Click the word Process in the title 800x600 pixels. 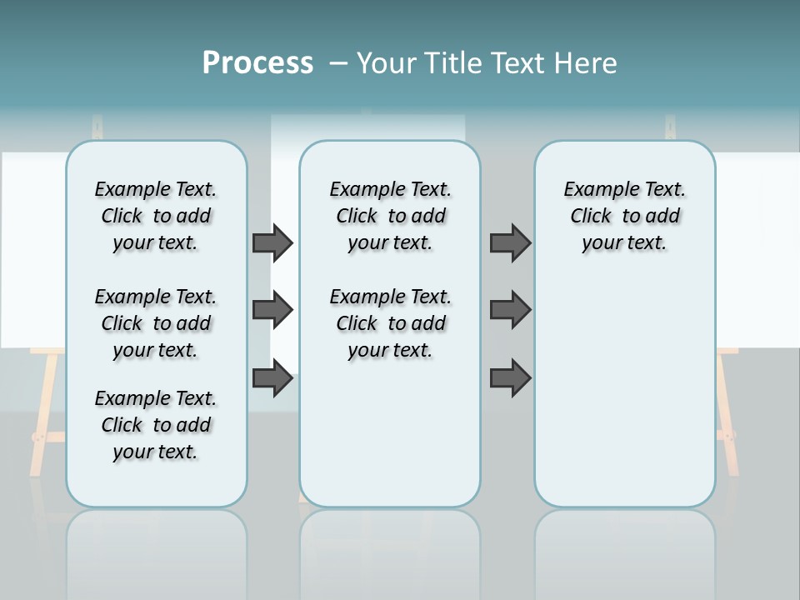pyautogui.click(x=257, y=62)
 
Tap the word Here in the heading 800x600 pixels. pyautogui.click(x=583, y=63)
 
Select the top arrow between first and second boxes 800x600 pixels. pyautogui.click(x=272, y=242)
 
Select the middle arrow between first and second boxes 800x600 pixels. pyautogui.click(x=272, y=310)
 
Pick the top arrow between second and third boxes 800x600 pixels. pyautogui.click(x=510, y=242)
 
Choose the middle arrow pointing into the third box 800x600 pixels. pyautogui.click(x=510, y=310)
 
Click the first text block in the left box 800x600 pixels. pyautogui.click(x=156, y=216)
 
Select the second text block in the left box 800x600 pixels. pyautogui.click(x=156, y=323)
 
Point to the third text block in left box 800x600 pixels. pyautogui.click(x=156, y=425)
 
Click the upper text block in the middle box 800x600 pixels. pyautogui.click(x=390, y=216)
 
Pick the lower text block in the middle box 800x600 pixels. pyautogui.click(x=390, y=323)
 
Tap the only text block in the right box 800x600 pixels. pyautogui.click(x=624, y=216)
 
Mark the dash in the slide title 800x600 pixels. pyautogui.click(x=339, y=63)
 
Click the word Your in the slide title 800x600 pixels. pyautogui.click(x=387, y=63)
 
